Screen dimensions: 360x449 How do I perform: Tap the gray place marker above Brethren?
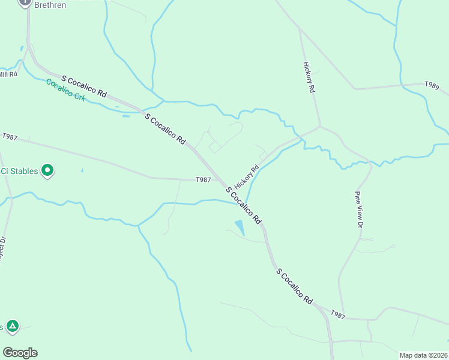[25, 2]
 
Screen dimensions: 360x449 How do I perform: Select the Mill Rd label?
[8, 74]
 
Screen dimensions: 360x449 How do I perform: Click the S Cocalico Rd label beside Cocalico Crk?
[84, 87]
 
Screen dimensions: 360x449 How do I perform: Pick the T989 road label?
[432, 86]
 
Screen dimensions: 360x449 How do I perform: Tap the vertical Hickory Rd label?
[309, 77]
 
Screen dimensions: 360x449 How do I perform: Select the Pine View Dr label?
[360, 209]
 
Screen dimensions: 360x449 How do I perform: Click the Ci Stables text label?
[19, 171]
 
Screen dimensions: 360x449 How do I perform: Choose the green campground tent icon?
[12, 326]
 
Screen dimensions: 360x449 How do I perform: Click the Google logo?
[20, 353]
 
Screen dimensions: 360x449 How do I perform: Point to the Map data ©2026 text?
[423, 355]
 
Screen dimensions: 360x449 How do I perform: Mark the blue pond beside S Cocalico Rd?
[240, 227]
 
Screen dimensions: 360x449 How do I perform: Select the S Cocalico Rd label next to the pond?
[244, 205]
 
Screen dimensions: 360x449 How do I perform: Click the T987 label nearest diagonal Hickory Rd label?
[203, 179]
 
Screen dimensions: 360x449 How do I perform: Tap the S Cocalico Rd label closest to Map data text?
[295, 286]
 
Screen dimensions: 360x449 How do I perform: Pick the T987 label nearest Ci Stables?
[9, 137]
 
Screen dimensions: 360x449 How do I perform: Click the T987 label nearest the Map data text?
[339, 315]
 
